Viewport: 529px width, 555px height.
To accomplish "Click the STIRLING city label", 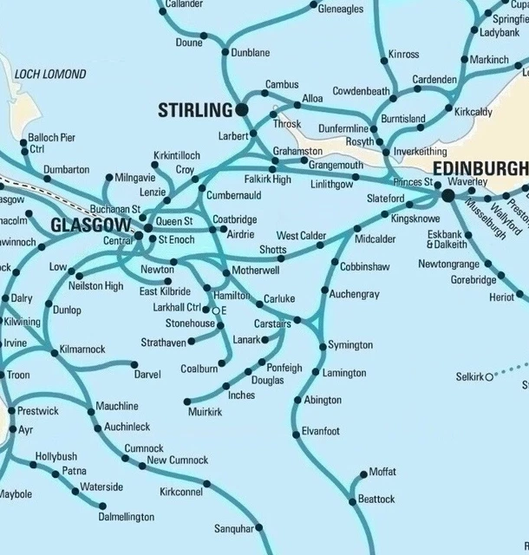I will [195, 110].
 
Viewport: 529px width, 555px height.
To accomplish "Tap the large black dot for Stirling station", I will [241, 109].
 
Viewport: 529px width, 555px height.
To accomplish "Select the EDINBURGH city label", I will [480, 167].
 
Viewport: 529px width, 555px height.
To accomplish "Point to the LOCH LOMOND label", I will [50, 75].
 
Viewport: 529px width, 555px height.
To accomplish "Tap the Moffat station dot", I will [363, 473].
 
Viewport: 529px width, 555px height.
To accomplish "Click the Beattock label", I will [376, 499].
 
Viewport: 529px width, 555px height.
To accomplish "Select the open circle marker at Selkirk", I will [488, 376].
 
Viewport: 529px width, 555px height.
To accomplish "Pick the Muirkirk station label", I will [206, 412].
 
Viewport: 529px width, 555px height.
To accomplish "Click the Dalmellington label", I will [127, 517].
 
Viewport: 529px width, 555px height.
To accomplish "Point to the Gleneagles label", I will [341, 10].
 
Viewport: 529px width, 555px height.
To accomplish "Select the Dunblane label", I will [251, 53].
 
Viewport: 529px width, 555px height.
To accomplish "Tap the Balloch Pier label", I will [52, 137].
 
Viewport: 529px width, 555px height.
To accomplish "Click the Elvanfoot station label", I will [321, 431].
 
